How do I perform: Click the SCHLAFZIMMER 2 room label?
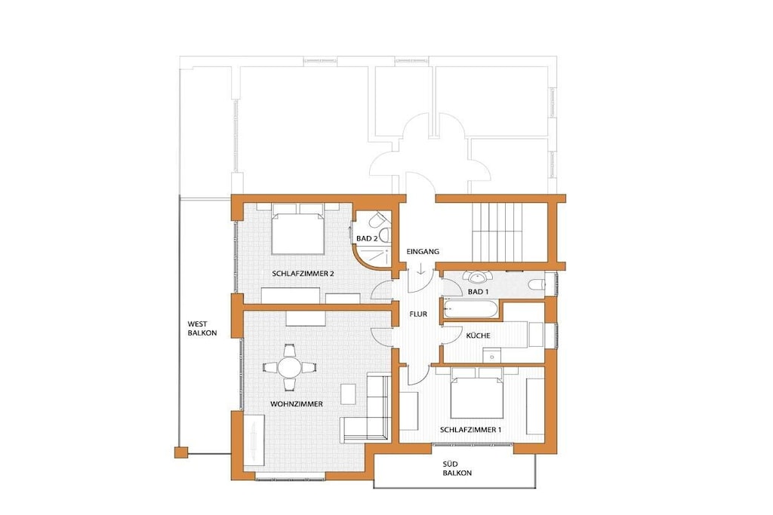[303, 273]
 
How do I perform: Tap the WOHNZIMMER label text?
[296, 403]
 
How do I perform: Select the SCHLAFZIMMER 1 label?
[470, 430]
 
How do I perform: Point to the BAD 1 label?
[478, 292]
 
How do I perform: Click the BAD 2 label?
[368, 238]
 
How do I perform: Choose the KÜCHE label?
[478, 335]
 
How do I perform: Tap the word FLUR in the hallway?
[418, 314]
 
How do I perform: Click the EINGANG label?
[423, 251]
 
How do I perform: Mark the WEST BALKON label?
[202, 329]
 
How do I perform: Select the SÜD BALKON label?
[457, 468]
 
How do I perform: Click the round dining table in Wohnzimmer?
[289, 367]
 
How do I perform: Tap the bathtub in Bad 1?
[472, 309]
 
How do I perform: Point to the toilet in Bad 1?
[535, 284]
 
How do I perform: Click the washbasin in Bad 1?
[477, 277]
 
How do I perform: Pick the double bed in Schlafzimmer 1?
[477, 393]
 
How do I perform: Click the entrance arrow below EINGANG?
[420, 268]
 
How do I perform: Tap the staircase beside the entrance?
[497, 232]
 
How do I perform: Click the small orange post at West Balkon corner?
[181, 452]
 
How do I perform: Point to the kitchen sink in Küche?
[491, 355]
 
